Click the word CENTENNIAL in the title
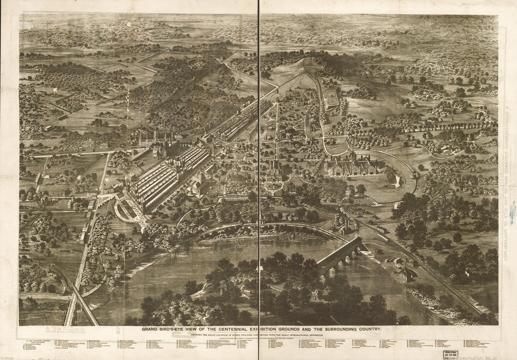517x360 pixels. click(235, 329)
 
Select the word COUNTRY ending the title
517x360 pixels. click(368, 329)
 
